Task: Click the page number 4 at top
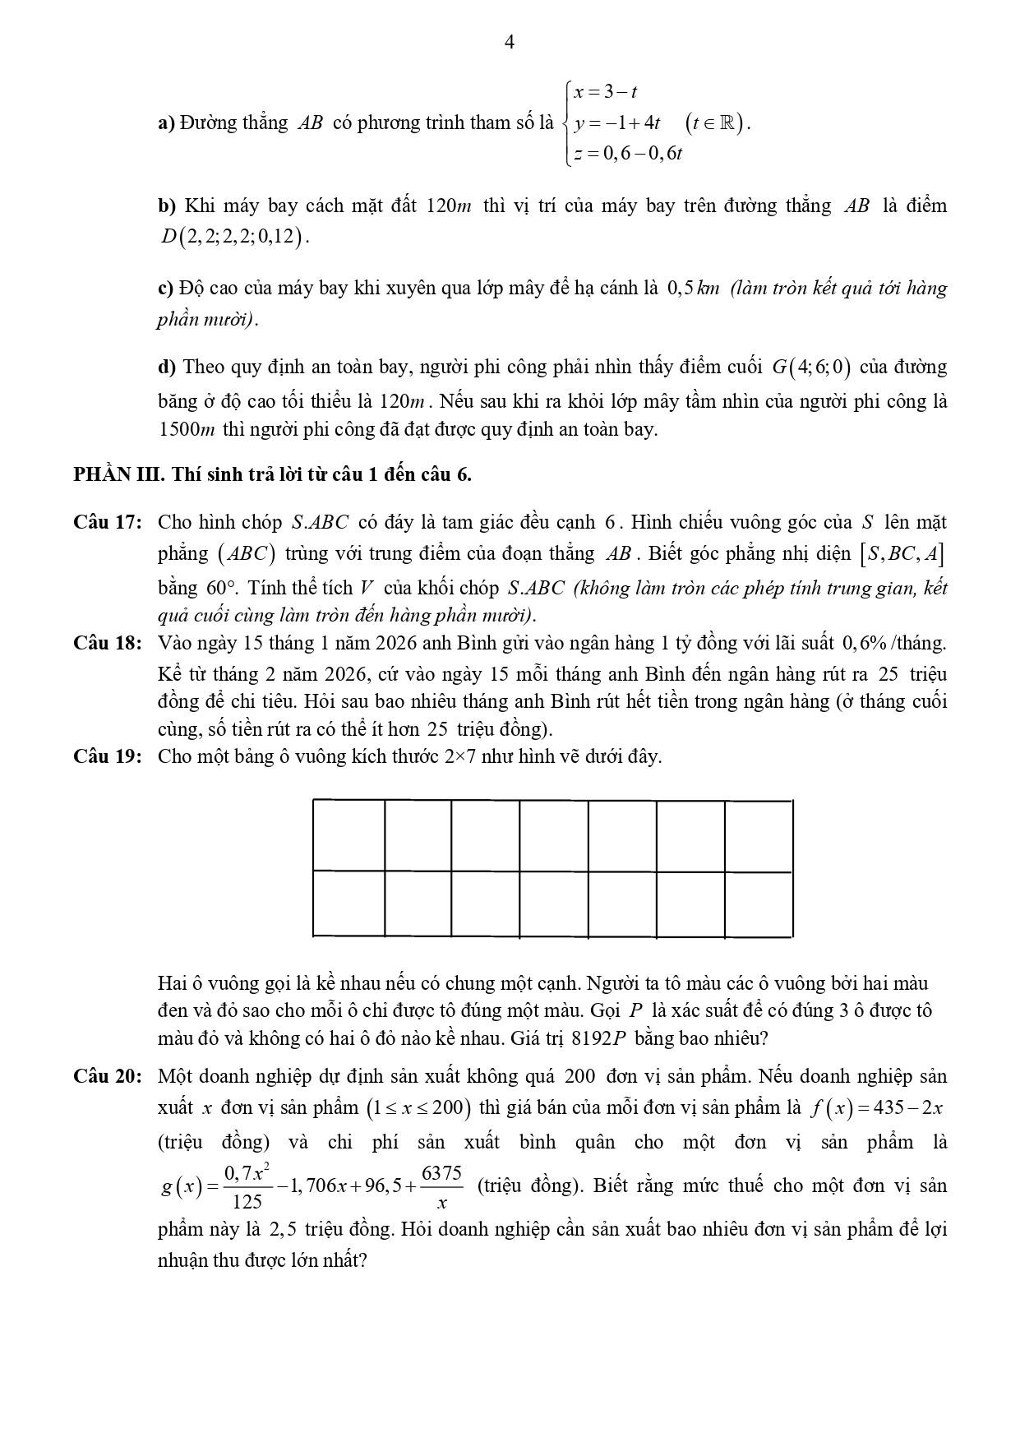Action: pyautogui.click(x=509, y=44)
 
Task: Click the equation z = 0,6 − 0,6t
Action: pyautogui.click(x=629, y=154)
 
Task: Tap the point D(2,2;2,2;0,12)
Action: pyautogui.click(x=234, y=238)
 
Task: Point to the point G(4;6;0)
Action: pyautogui.click(x=811, y=367)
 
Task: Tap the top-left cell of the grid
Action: pyautogui.click(x=349, y=834)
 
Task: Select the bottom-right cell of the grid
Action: pyautogui.click(x=758, y=904)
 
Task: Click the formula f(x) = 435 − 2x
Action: pyautogui.click(x=876, y=1108)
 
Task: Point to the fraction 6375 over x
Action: pyautogui.click(x=442, y=1186)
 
